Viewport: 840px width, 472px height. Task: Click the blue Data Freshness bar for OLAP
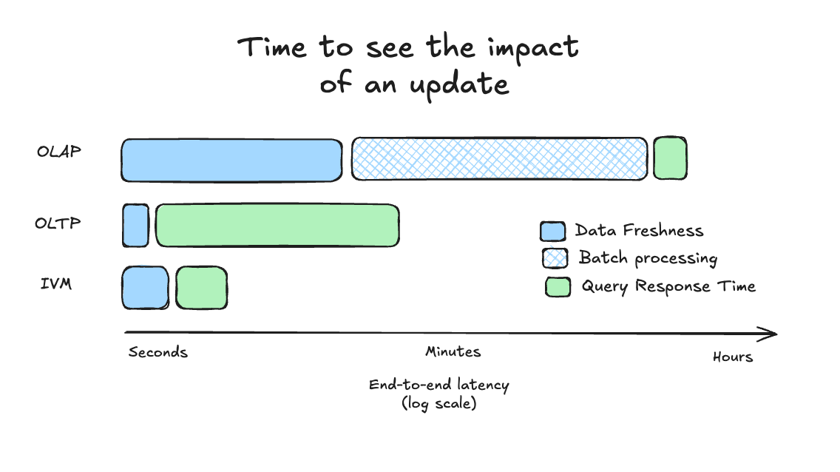click(231, 160)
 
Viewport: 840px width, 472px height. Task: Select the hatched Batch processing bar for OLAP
click(499, 158)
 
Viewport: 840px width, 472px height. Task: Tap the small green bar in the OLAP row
click(670, 158)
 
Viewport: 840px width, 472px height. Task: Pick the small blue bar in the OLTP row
click(135, 225)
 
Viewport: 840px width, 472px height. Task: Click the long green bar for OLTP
click(277, 225)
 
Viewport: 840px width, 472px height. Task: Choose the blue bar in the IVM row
click(145, 287)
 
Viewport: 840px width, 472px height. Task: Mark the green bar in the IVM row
click(201, 287)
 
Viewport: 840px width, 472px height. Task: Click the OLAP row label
click(59, 152)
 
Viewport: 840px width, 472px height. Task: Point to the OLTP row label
click(58, 222)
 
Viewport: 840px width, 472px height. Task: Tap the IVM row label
click(56, 283)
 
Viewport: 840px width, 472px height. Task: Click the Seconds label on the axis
click(158, 352)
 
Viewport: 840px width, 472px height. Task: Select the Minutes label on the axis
click(453, 352)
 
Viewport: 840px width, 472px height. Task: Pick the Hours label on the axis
click(733, 357)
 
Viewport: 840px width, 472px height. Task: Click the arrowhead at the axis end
click(772, 334)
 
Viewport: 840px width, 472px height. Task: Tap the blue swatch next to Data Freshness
click(552, 232)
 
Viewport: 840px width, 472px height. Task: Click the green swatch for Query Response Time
click(558, 287)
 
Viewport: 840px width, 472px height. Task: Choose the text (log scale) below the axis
click(438, 404)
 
